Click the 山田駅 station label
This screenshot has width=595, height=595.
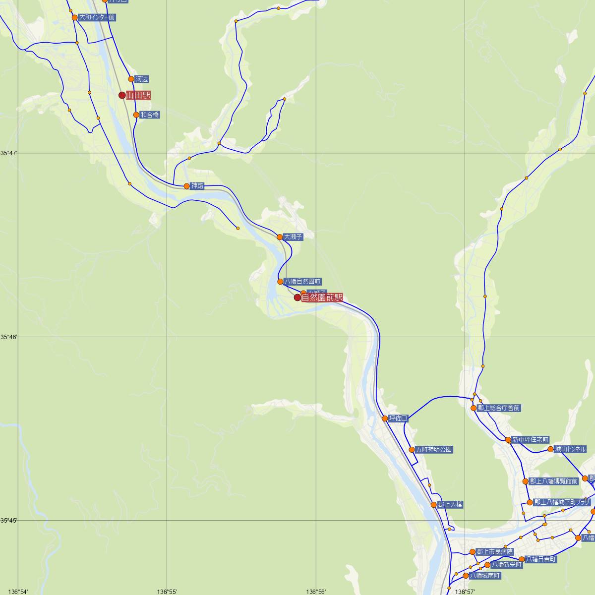pyautogui.click(x=138, y=95)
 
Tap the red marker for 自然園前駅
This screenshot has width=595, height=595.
pyautogui.click(x=297, y=297)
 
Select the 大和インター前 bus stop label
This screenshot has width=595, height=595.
pyautogui.click(x=97, y=17)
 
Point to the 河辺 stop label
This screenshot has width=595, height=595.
pyautogui.click(x=142, y=79)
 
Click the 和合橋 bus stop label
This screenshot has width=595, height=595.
pyautogui.click(x=150, y=115)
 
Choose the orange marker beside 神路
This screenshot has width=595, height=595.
pyautogui.click(x=186, y=186)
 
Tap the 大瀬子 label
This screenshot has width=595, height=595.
pyautogui.click(x=293, y=237)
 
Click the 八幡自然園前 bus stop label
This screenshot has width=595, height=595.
pyautogui.click(x=302, y=282)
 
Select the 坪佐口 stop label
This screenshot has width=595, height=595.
pyautogui.click(x=398, y=418)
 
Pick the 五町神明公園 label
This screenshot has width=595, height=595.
pyautogui.click(x=434, y=450)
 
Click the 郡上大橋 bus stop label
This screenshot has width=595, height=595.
pyautogui.click(x=450, y=505)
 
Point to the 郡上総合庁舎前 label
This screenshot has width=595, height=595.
pyautogui.click(x=498, y=408)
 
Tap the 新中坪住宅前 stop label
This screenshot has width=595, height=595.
pyautogui.click(x=531, y=440)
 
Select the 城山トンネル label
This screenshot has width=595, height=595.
pyautogui.click(x=570, y=449)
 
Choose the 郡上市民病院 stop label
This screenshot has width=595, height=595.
pyautogui.click(x=495, y=551)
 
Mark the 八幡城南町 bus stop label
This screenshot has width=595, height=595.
pyautogui.click(x=485, y=576)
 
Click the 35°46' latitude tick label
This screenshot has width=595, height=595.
pyautogui.click(x=8, y=337)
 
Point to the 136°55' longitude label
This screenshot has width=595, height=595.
pyautogui.click(x=167, y=592)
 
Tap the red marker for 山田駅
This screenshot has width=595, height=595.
pyautogui.click(x=122, y=95)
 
